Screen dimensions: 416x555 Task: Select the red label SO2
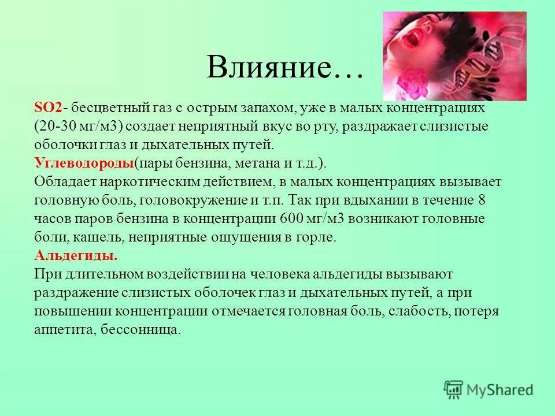click(x=48, y=108)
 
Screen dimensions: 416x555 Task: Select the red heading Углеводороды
click(x=84, y=163)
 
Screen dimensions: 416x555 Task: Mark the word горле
click(x=316, y=237)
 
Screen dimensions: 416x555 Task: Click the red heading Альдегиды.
click(x=76, y=255)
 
